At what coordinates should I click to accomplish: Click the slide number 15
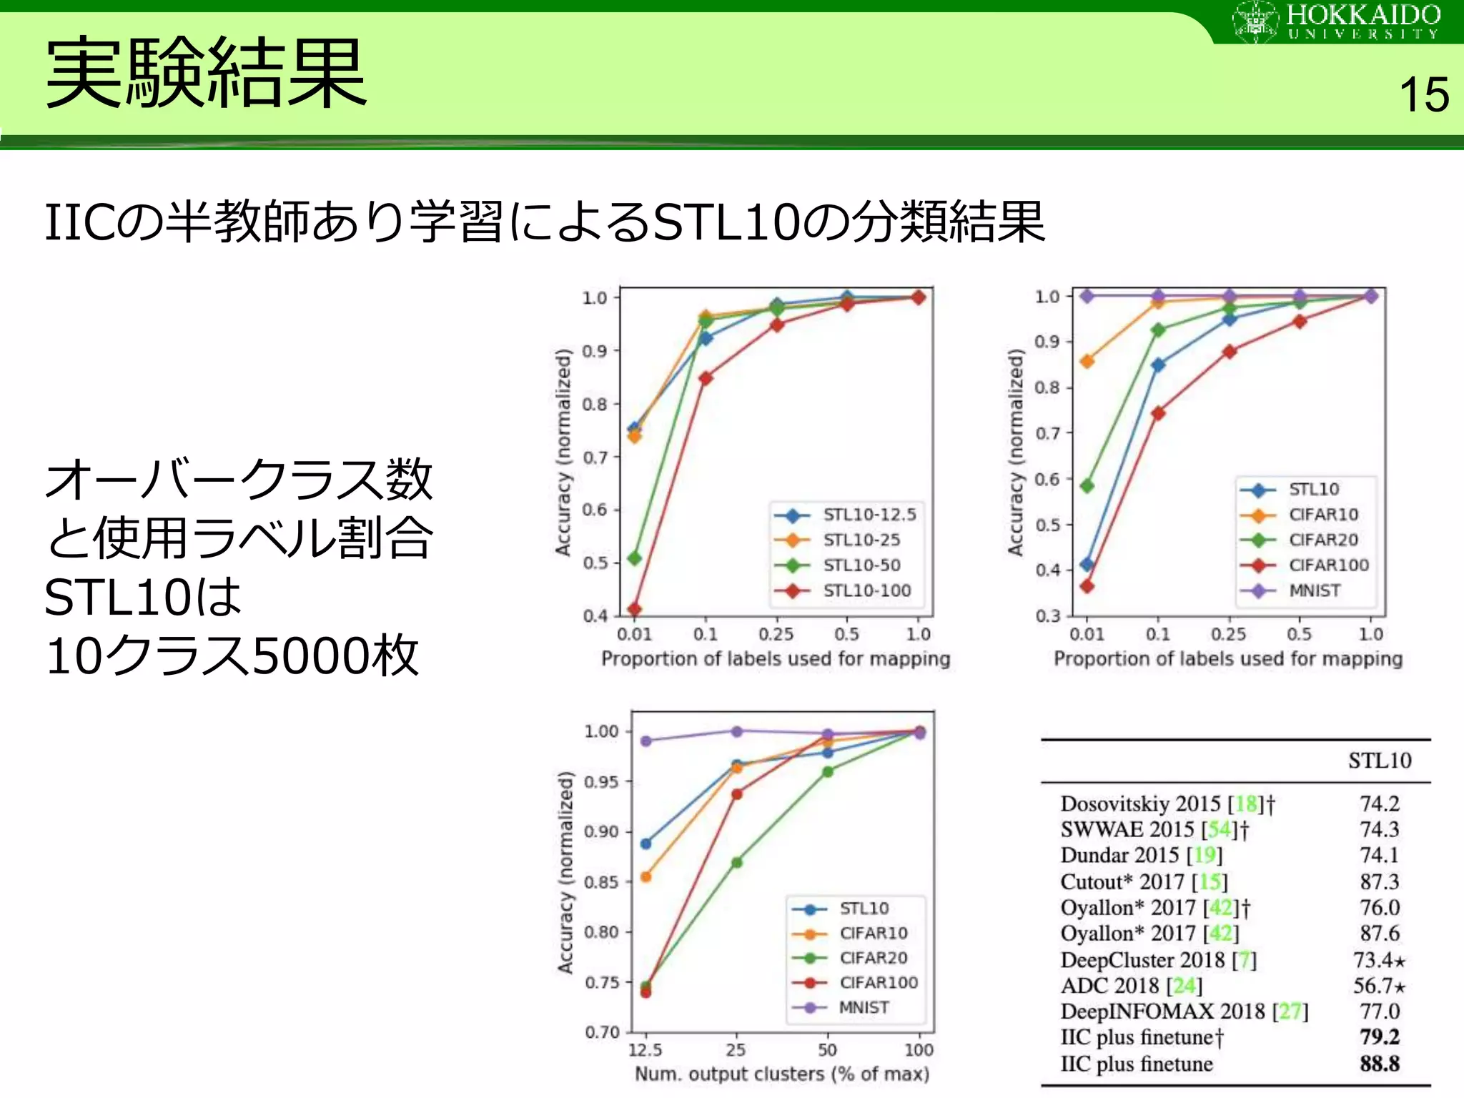point(1423,95)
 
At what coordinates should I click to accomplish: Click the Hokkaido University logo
point(1336,21)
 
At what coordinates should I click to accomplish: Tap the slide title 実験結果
point(206,74)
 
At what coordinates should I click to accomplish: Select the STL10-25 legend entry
point(861,540)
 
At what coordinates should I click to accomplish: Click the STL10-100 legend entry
point(866,590)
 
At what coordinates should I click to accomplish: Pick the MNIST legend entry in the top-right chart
point(1314,590)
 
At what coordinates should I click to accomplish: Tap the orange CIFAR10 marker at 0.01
point(1087,361)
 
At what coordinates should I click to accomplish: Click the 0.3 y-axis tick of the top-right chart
point(1048,616)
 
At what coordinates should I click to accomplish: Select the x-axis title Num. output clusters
point(782,1074)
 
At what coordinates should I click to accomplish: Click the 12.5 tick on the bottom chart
point(645,1049)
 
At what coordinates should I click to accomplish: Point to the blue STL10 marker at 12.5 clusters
point(646,844)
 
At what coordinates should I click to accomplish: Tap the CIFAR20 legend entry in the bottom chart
point(873,958)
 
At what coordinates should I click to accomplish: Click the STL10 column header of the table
point(1379,761)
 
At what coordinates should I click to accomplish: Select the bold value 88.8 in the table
point(1379,1064)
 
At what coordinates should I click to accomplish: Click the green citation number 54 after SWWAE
point(1219,829)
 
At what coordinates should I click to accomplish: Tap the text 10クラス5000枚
point(232,656)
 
